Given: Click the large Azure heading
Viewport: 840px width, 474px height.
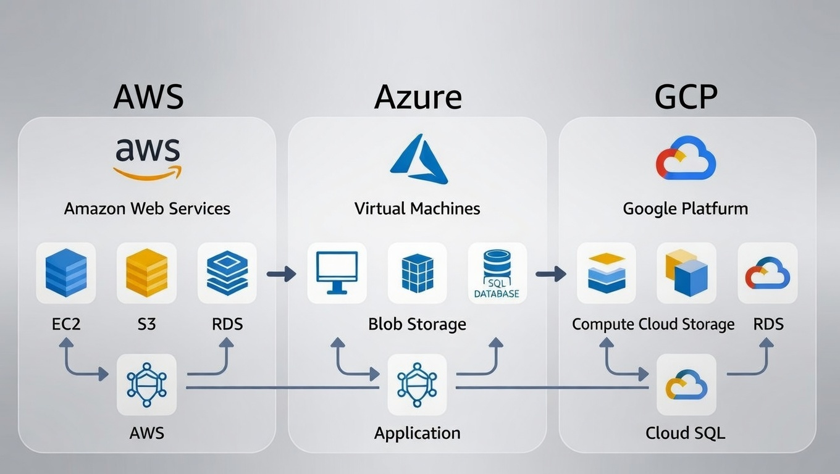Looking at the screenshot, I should coord(418,97).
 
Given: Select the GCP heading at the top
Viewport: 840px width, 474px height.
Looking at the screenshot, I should coord(686,97).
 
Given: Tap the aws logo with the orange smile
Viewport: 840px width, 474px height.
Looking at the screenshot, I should coord(148,158).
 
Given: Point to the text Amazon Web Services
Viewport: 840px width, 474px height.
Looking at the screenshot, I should coord(147,209).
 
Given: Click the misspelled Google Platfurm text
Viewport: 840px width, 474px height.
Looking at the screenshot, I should coord(685,209).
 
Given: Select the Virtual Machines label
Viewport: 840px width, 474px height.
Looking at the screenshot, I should coord(418,209).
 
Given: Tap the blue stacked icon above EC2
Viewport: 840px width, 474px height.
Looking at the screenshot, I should coord(66,273).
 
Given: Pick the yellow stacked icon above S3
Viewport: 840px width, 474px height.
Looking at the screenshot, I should coord(146,273).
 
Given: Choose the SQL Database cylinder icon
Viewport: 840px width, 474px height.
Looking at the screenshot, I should coord(497,273).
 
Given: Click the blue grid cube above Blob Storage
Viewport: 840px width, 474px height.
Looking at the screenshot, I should coord(418,273).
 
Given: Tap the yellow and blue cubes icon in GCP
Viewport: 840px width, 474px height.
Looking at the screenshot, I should coord(686,273).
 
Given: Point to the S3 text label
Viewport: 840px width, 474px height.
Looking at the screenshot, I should coord(146,324).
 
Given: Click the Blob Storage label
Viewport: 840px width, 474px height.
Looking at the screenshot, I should coord(418,324).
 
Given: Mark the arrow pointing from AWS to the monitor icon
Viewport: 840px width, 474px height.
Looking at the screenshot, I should coord(282,273).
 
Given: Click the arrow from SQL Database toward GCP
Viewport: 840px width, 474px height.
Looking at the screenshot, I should coord(551,273).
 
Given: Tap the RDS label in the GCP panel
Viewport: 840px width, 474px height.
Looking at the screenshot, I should coord(768,324).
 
